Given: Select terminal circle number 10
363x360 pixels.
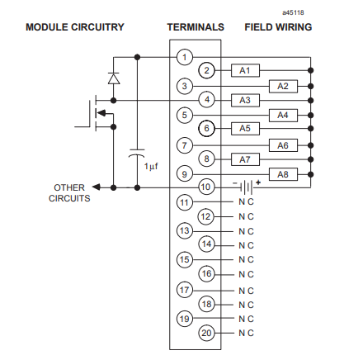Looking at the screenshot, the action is (x=206, y=187).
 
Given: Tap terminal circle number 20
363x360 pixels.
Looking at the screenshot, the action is (x=206, y=333).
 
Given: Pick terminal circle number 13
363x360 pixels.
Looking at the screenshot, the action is (x=185, y=230).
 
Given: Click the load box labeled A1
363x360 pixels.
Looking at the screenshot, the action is (x=245, y=70).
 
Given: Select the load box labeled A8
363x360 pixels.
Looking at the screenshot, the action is (x=283, y=174).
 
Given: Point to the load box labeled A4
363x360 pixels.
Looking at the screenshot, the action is (x=283, y=115).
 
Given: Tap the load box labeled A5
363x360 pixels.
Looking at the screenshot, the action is (x=245, y=128).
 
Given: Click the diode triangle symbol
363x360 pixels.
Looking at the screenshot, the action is (x=114, y=78).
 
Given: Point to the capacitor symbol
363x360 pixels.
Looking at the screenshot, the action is (x=137, y=154).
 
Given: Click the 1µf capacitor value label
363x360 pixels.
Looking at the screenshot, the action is (x=151, y=166).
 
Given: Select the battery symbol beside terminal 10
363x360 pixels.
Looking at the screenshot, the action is (x=247, y=187).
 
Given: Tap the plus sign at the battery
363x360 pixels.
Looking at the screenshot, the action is (x=258, y=182).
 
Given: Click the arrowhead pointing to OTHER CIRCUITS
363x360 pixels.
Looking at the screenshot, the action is (x=97, y=187).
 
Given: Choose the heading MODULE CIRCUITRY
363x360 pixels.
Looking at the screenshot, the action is (x=75, y=27).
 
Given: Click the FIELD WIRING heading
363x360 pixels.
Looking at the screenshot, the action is (x=278, y=27).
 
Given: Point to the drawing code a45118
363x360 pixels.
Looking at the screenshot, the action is (x=293, y=12).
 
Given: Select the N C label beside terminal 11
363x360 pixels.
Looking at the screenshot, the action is (x=246, y=202).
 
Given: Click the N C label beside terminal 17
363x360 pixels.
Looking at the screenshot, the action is (x=246, y=291).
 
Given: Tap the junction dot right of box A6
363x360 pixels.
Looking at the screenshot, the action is (x=311, y=145).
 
